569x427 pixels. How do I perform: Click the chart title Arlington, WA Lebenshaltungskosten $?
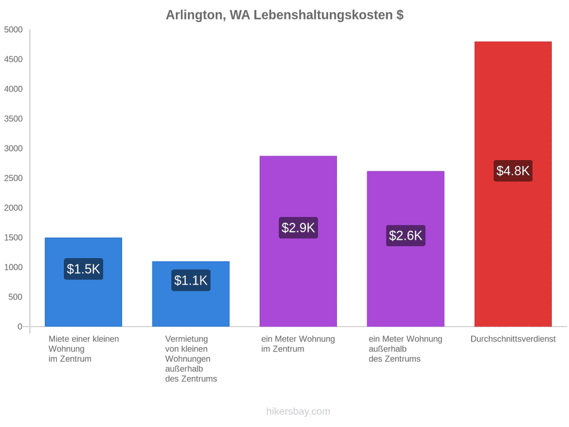[x=284, y=15]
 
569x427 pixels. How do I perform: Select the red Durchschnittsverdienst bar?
[x=513, y=184]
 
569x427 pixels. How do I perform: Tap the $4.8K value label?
[x=513, y=171]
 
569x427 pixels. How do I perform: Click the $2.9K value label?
[x=298, y=228]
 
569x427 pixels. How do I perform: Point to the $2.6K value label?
[x=406, y=235]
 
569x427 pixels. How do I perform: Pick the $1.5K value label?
[x=83, y=269]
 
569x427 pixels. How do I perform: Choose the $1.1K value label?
[x=191, y=280]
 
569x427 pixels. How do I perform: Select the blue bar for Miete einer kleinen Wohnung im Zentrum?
[x=83, y=282]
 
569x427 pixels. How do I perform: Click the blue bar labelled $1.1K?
[x=191, y=294]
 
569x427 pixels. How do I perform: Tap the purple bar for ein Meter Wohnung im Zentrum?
[x=298, y=242]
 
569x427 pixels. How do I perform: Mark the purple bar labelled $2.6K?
[x=406, y=249]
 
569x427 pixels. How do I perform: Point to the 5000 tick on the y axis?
[x=13, y=30]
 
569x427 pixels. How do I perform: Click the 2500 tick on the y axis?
[x=13, y=178]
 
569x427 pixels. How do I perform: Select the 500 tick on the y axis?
[x=16, y=297]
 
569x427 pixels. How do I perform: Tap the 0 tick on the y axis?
[x=20, y=327]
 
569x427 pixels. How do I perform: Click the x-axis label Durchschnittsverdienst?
[x=513, y=339]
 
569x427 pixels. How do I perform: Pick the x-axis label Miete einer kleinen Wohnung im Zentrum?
[x=84, y=349]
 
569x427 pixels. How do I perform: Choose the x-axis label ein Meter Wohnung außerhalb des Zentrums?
[x=406, y=349]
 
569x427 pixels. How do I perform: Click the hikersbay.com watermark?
[x=298, y=411]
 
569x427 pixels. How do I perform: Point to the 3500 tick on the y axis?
[x=13, y=119]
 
